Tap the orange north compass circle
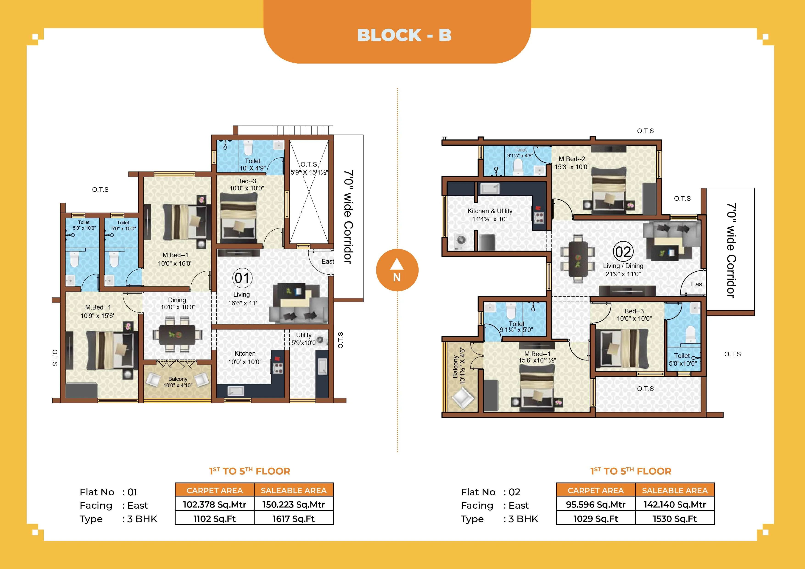(x=397, y=270)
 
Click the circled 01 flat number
(x=242, y=278)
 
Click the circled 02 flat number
(x=623, y=252)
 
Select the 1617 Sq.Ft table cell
(x=293, y=519)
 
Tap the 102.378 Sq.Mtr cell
(x=214, y=505)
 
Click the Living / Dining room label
(x=623, y=270)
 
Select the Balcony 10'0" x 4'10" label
(x=178, y=382)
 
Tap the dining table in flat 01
(x=177, y=335)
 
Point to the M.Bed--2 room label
(x=572, y=163)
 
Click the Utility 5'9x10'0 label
(x=303, y=339)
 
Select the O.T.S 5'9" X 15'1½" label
(x=309, y=168)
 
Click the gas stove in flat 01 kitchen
(x=278, y=367)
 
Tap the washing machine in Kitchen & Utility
(x=460, y=240)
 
